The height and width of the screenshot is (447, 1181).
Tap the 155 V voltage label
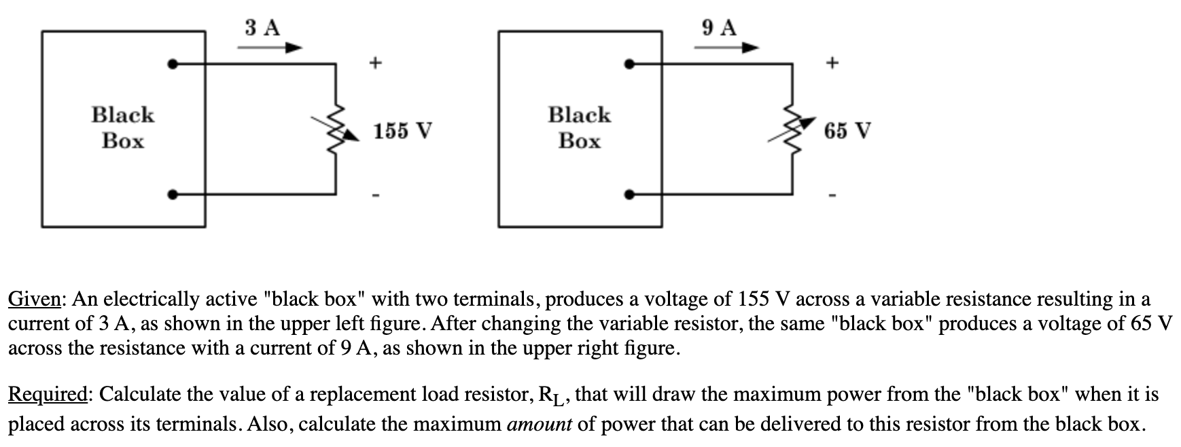point(403,130)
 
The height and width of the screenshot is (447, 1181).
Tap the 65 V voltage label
point(847,130)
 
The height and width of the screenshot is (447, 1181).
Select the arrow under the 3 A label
point(270,48)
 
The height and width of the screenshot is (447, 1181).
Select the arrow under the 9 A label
point(726,48)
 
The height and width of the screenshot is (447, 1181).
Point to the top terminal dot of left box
point(174,65)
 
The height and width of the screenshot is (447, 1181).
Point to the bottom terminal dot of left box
point(174,195)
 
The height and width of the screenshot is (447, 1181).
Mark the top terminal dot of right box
point(630,65)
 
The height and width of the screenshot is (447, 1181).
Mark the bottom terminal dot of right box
point(630,195)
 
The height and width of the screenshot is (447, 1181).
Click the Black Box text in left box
point(123,128)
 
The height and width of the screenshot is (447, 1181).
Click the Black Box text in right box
point(580,128)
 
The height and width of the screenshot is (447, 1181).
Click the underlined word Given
point(36,300)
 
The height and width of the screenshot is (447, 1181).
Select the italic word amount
point(540,425)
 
